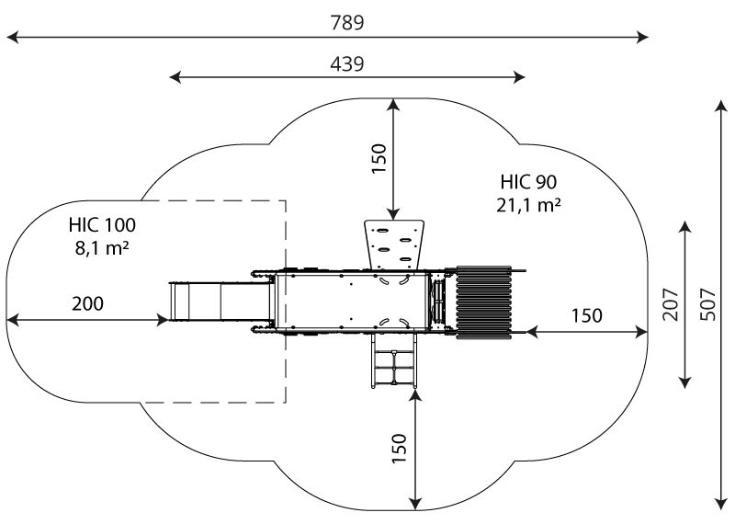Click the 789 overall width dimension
347,22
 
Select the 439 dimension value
347,64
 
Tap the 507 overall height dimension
708,304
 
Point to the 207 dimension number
671,304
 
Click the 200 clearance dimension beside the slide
87,304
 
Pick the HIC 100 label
102,225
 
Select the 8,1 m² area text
102,247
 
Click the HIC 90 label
528,182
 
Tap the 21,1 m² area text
528,204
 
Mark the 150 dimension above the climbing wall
379,158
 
